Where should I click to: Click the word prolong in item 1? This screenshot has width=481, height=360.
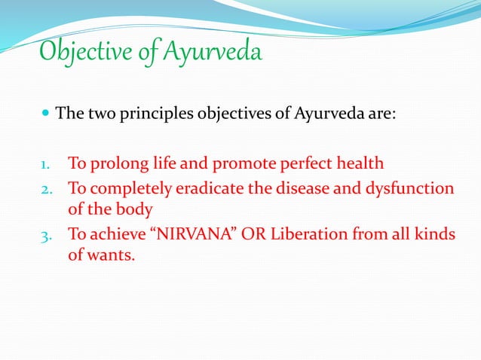coord(115,163)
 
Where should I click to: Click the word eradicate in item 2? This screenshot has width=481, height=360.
coord(204,188)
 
